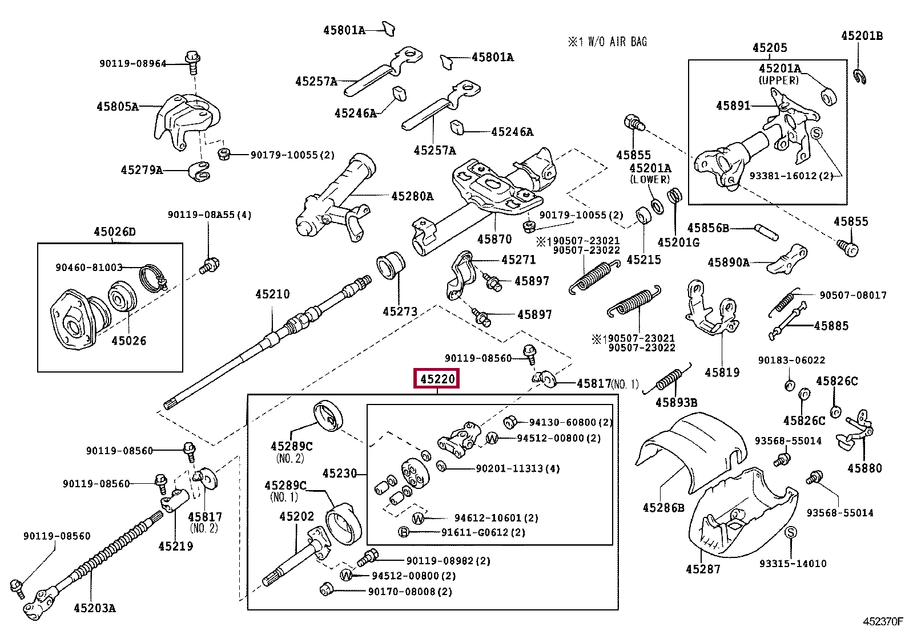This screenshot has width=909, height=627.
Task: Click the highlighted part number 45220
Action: [x=437, y=378]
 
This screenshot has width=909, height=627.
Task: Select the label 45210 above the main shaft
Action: [x=272, y=294]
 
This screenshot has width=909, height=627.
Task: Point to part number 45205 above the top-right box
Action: [x=769, y=48]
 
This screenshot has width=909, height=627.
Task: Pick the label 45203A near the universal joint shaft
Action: [x=94, y=608]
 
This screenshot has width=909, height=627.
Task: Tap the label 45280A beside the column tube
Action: [x=412, y=196]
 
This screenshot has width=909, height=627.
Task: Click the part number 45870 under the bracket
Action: [x=494, y=239]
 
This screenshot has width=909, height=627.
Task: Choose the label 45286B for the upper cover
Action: [x=663, y=507]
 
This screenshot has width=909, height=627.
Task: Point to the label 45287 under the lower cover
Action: [x=703, y=569]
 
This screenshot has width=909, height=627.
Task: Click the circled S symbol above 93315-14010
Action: [x=791, y=532]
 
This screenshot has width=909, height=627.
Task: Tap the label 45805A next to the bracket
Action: [x=118, y=106]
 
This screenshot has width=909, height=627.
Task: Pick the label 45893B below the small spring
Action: [x=676, y=402]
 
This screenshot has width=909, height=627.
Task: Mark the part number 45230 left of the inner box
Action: [x=339, y=474]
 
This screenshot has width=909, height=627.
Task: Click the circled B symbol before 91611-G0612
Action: [x=404, y=532]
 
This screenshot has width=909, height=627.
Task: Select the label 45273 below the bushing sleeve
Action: [x=400, y=312]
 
